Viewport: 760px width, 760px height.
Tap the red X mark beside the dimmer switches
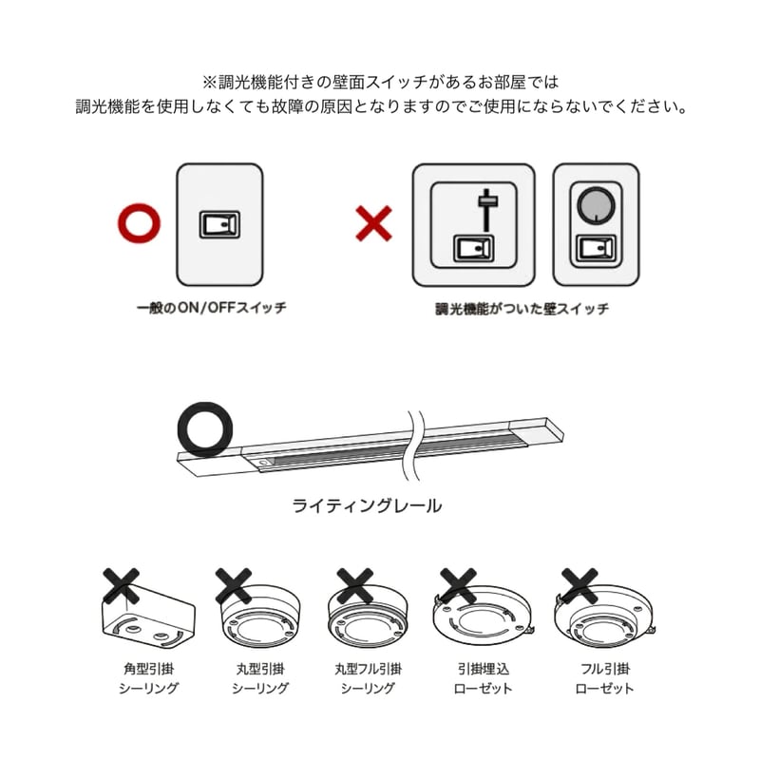373,223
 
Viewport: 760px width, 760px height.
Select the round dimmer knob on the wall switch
596,204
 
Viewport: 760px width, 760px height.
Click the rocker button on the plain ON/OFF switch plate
219,224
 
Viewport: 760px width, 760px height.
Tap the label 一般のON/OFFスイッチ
211,308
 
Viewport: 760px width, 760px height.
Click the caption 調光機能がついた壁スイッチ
522,309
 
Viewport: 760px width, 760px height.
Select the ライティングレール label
367,506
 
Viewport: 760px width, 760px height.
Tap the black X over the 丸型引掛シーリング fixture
233,586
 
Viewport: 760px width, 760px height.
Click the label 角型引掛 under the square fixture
149,669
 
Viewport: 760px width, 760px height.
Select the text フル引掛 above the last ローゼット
605,669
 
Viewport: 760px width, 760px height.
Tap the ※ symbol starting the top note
209,82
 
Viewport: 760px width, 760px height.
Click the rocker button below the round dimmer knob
596,248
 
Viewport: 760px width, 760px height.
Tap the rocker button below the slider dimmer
473,248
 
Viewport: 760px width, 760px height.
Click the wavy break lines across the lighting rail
413,445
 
